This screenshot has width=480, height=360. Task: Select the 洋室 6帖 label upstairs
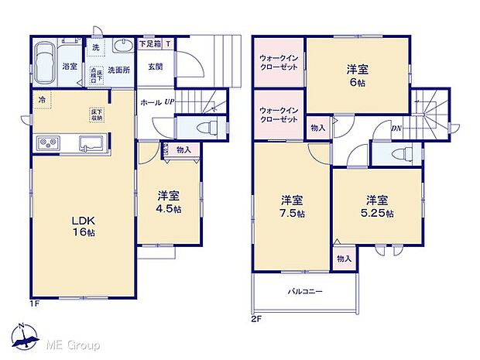[358, 75]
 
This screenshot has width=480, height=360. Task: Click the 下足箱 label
[149, 44]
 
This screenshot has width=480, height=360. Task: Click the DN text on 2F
[396, 129]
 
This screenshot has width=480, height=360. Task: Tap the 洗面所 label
[118, 69]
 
